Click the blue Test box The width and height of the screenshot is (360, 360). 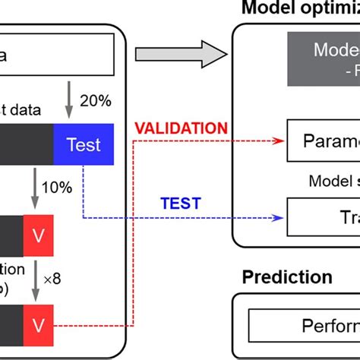pyautogui.click(x=83, y=144)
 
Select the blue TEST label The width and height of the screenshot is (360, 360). pyautogui.click(x=180, y=203)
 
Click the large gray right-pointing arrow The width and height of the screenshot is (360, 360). pyautogui.click(x=181, y=54)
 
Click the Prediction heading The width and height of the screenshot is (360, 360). pyautogui.click(x=287, y=277)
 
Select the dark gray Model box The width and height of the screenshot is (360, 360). pyautogui.click(x=327, y=60)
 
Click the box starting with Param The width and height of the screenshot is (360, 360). pyautogui.click(x=323, y=141)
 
